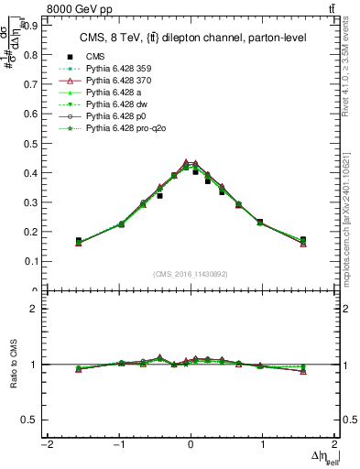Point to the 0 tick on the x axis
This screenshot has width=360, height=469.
click(191, 445)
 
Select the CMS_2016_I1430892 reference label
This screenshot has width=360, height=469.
click(191, 274)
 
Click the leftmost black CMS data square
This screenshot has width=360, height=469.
click(79, 241)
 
